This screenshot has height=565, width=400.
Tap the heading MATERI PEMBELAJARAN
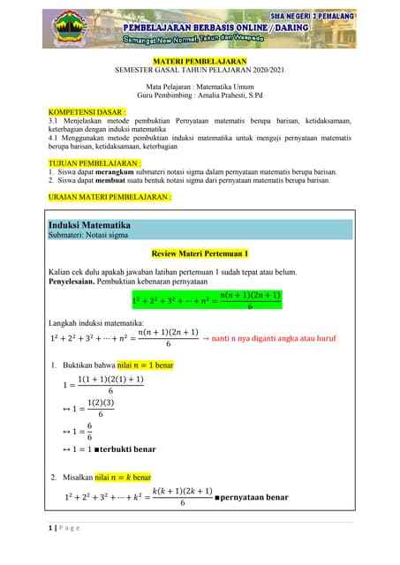[199, 59]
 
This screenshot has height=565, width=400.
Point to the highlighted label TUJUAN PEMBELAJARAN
[94, 163]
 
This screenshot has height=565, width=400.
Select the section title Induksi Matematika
[89, 225]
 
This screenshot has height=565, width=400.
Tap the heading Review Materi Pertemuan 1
[200, 253]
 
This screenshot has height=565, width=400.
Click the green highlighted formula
[207, 301]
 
